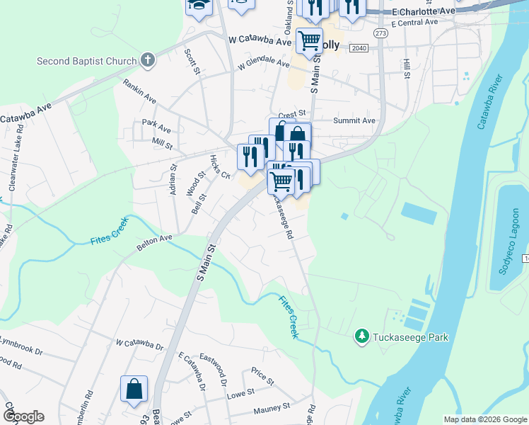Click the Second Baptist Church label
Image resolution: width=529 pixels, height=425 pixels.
tap(86, 61)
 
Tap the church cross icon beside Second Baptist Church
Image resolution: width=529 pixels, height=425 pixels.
tap(148, 60)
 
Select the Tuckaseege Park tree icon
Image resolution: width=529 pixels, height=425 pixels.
tap(362, 336)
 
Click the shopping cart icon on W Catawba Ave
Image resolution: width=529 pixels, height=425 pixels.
tap(309, 42)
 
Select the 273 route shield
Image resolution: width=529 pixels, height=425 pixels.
tap(381, 33)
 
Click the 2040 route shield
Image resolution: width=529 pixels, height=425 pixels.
tap(359, 47)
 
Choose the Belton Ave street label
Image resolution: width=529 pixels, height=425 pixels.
tap(154, 243)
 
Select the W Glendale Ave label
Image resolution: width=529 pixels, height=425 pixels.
tap(264, 64)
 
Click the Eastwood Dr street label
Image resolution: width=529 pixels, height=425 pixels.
tap(213, 371)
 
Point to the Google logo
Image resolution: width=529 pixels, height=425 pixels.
tap(23, 416)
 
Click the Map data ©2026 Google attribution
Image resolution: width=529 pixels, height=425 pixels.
tap(484, 419)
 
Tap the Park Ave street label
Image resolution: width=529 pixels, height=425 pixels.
tap(156, 130)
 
